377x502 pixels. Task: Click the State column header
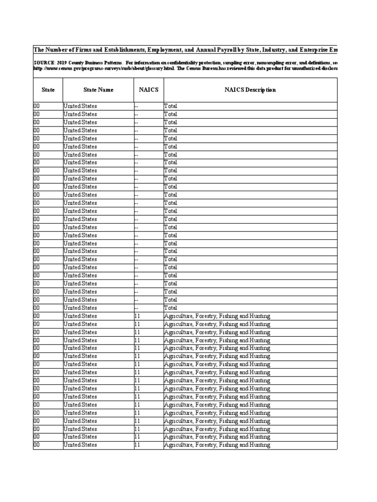[x=48, y=90]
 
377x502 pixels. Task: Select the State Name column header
[x=98, y=90]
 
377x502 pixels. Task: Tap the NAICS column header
[x=148, y=90]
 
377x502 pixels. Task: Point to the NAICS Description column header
[x=250, y=90]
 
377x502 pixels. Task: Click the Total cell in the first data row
[x=171, y=106]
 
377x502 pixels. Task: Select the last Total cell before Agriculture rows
[x=171, y=308]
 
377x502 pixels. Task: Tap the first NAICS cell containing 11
[x=137, y=316]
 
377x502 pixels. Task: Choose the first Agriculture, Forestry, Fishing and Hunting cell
[x=217, y=316]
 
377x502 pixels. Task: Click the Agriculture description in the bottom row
[x=217, y=445]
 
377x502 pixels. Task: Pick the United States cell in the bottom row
[x=81, y=445]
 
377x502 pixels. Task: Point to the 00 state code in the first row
[x=37, y=106]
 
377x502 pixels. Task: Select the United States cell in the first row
[x=81, y=106]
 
